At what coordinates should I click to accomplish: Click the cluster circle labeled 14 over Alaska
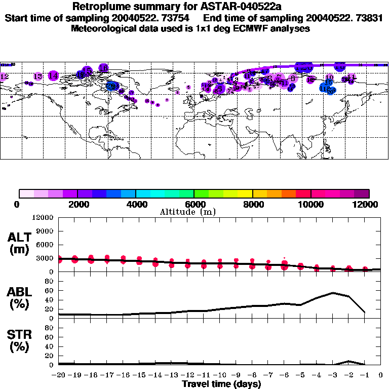coord(53,75)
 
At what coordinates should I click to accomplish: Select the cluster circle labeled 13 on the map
coord(37,76)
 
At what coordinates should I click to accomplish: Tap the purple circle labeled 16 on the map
coord(103,67)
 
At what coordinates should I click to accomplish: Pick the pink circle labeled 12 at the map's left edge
coord(4,76)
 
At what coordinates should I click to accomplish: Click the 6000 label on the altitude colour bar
coord(194,204)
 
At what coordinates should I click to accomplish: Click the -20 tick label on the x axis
coord(59,375)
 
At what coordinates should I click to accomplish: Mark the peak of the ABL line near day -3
coord(333,293)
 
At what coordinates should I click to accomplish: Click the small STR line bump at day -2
coord(348,361)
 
